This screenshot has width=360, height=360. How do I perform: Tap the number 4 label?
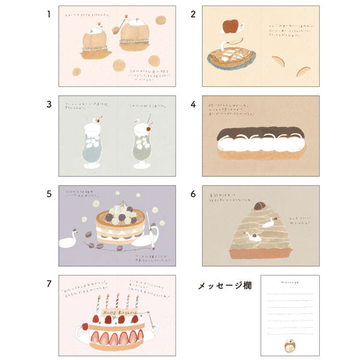[193, 103]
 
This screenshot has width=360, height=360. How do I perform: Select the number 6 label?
[193, 194]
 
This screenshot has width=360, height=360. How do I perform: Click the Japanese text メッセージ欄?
[225, 286]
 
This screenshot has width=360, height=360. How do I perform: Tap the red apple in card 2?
[230, 26]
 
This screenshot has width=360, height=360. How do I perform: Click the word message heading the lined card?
[287, 280]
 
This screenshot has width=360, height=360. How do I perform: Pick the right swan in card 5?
[147, 237]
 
